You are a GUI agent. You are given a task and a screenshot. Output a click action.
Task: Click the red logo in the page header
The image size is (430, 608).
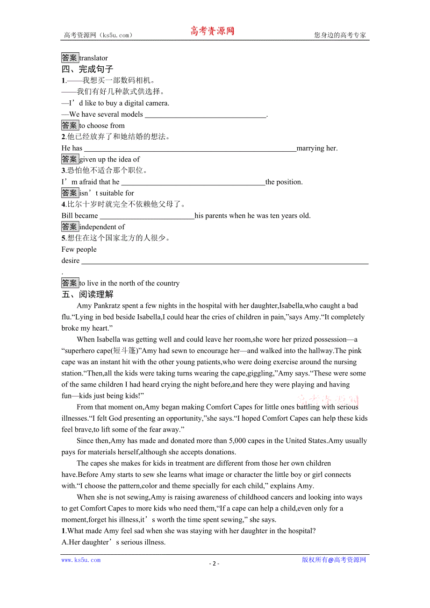coord(212,31)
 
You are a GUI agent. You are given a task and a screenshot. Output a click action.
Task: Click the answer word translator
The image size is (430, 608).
coord(93,58)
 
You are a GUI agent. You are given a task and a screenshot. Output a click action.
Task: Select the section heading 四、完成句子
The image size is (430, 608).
coord(87,69)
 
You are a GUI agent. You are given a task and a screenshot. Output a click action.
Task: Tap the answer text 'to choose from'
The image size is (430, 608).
coord(102,126)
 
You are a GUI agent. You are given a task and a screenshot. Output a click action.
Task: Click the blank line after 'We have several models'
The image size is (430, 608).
coord(205,115)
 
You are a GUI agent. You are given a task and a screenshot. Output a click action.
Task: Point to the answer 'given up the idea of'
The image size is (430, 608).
coord(109,159)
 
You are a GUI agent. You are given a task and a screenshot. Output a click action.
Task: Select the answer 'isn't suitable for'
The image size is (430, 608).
coord(107,193)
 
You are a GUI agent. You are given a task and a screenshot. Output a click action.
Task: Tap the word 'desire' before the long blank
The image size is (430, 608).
coord(71,261)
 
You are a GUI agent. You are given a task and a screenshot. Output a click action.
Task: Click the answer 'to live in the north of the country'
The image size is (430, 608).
coord(129,283)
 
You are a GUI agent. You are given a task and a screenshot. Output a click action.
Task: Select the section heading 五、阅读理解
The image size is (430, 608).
coord(87,294)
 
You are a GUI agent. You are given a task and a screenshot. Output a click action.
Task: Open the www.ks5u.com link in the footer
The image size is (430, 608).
coord(81,560)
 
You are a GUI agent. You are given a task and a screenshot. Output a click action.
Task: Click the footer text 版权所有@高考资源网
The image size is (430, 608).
coord(334,560)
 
